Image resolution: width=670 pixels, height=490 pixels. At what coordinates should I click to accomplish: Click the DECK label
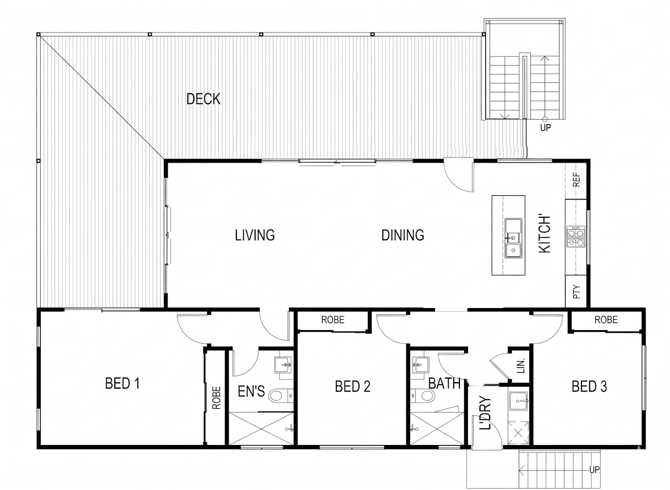(203, 99)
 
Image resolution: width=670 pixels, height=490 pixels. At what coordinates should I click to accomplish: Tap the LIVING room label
(255, 235)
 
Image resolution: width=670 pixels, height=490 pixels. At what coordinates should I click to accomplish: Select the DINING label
(402, 235)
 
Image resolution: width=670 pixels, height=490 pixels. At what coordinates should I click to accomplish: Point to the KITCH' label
(545, 234)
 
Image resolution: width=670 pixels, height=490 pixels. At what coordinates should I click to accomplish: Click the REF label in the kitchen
(576, 179)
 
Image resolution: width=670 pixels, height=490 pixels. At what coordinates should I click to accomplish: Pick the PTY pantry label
(576, 292)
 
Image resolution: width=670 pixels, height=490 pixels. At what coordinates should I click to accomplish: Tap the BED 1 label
(123, 383)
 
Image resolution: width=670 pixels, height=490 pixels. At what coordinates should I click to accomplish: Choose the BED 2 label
(353, 386)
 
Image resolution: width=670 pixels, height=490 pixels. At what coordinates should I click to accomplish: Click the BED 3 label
(589, 386)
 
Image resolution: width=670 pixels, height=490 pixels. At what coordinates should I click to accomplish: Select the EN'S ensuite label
(251, 391)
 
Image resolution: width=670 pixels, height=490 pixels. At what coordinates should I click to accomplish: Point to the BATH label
(444, 383)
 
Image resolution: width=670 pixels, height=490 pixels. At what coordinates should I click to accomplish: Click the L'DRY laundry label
(485, 413)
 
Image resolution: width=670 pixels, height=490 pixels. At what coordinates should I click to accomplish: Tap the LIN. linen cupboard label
(521, 366)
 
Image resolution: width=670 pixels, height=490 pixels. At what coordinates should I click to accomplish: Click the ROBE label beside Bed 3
(606, 320)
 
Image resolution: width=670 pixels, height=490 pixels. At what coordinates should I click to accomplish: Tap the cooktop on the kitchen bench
(576, 236)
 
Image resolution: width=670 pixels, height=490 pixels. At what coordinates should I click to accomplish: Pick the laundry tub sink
(519, 401)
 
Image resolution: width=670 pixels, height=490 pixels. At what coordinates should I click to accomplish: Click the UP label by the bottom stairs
(594, 469)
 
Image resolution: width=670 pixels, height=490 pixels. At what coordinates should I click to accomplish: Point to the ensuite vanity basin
(283, 365)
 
